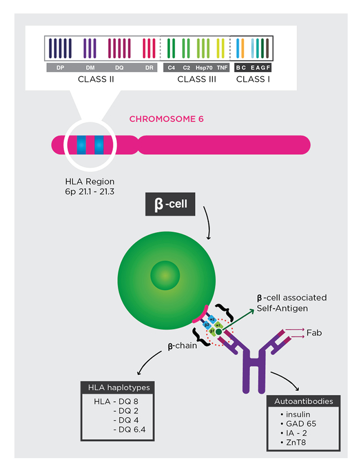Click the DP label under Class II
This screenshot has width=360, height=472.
[x=59, y=68]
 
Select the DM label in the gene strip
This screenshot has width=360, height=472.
[x=90, y=68]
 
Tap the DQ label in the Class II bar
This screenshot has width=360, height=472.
[x=119, y=68]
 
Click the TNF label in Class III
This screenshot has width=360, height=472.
[x=222, y=68]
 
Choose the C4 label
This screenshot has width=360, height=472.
[x=171, y=68]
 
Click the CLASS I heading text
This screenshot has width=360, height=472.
[x=251, y=80]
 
